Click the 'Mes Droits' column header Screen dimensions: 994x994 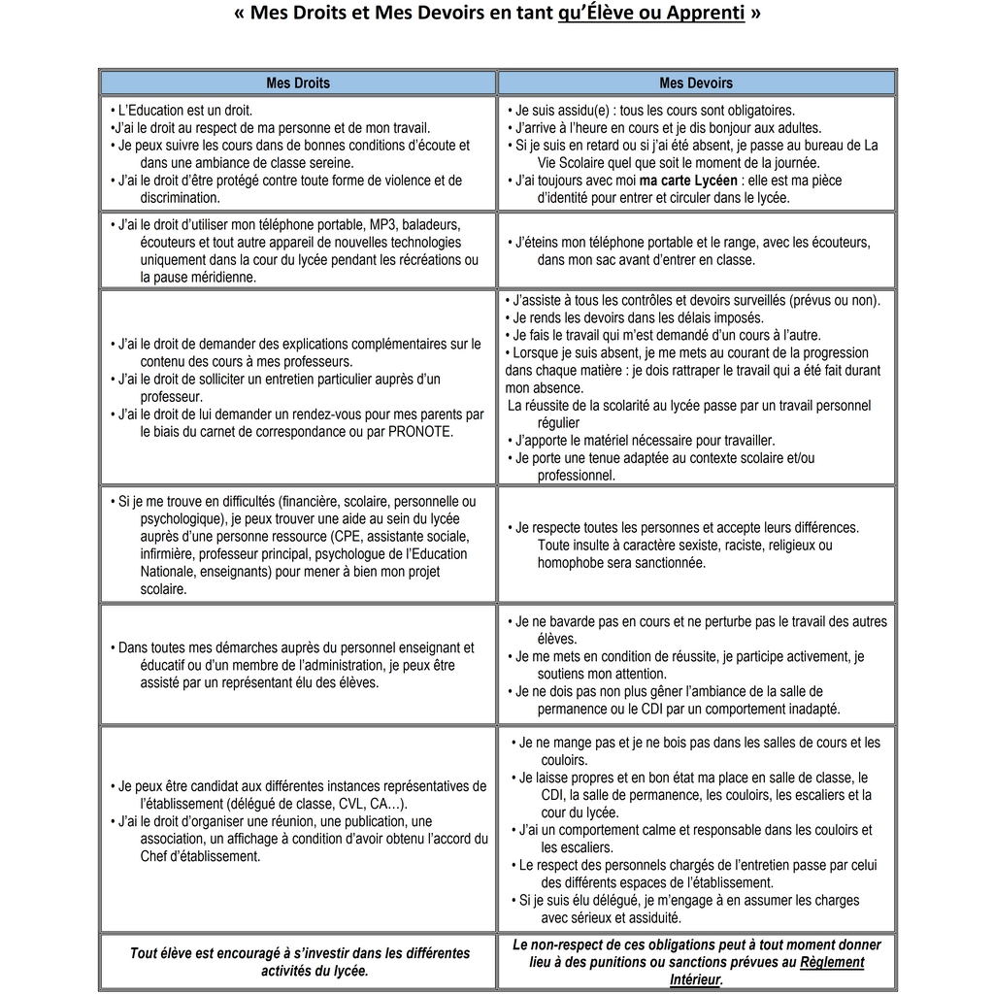click(x=298, y=83)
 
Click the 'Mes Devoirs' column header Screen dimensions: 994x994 click(x=696, y=83)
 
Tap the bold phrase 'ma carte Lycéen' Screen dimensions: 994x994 click(x=688, y=181)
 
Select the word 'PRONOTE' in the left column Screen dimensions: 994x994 click(x=420, y=432)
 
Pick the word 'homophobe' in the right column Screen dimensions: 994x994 click(x=571, y=563)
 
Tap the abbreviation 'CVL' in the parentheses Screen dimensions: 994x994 click(x=350, y=804)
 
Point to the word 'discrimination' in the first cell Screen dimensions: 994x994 click(x=180, y=198)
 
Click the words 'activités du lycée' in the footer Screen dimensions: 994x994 click(x=315, y=971)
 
